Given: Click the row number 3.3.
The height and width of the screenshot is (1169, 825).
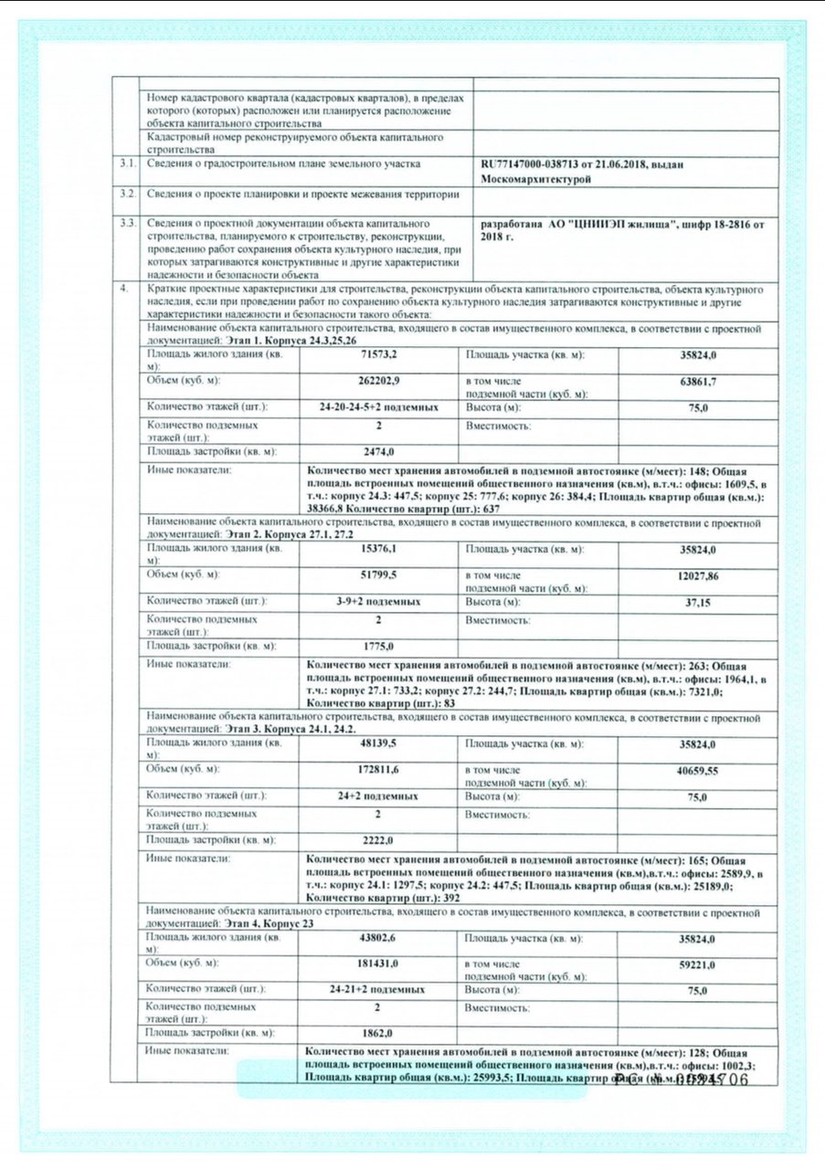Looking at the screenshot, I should point(128,222).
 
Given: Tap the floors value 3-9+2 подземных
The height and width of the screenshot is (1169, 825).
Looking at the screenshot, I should point(378,603).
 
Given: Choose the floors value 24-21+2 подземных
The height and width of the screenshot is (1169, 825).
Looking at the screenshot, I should point(378,989).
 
